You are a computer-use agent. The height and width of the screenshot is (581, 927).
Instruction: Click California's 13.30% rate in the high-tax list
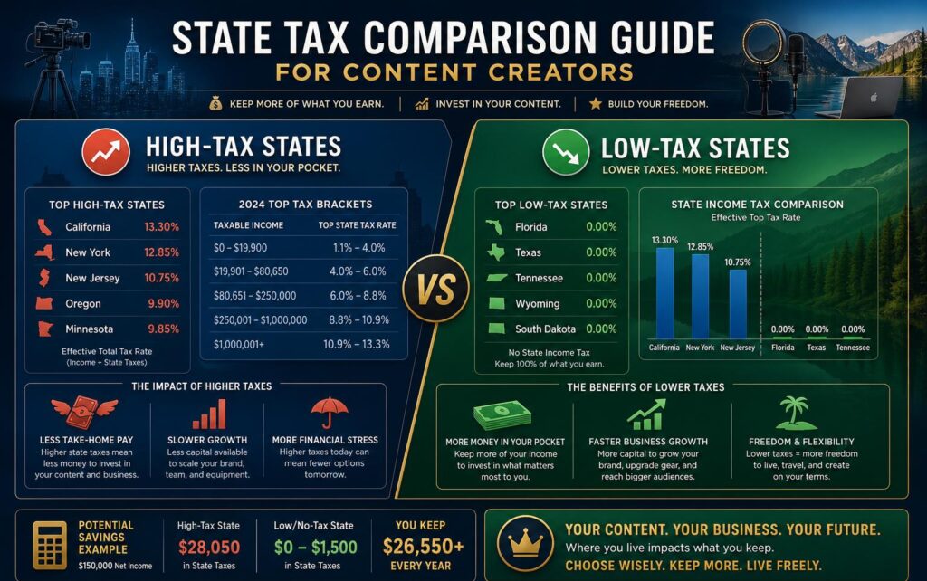coord(161,227)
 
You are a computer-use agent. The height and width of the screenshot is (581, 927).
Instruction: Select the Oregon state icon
coord(44,304)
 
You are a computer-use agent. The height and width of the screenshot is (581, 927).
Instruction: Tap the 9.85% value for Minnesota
coord(163,329)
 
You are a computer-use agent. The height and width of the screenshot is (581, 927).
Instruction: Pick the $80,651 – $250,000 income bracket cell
coord(254,296)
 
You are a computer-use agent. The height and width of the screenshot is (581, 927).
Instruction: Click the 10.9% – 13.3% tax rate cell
coord(356,344)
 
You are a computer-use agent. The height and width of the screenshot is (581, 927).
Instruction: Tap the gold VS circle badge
coord(436,289)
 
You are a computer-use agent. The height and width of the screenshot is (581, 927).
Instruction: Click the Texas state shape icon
coord(496,252)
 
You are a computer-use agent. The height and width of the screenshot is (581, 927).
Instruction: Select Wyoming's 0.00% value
coord(601,304)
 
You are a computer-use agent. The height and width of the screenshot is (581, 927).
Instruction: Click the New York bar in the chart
coord(700,296)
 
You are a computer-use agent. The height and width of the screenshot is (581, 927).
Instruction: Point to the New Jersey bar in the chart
coord(737,304)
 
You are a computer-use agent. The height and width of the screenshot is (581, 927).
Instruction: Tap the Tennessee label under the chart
coord(853,348)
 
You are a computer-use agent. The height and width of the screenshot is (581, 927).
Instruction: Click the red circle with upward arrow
coord(106,152)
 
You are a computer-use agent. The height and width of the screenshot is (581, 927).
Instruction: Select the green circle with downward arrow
coord(566,152)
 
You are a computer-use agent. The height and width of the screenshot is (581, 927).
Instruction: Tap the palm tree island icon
coord(796,413)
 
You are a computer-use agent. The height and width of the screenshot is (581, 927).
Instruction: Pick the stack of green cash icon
coord(502,414)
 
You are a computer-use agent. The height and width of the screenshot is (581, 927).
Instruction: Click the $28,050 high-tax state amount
coord(209,548)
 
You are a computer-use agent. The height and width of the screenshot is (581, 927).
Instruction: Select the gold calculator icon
coord(50,545)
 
